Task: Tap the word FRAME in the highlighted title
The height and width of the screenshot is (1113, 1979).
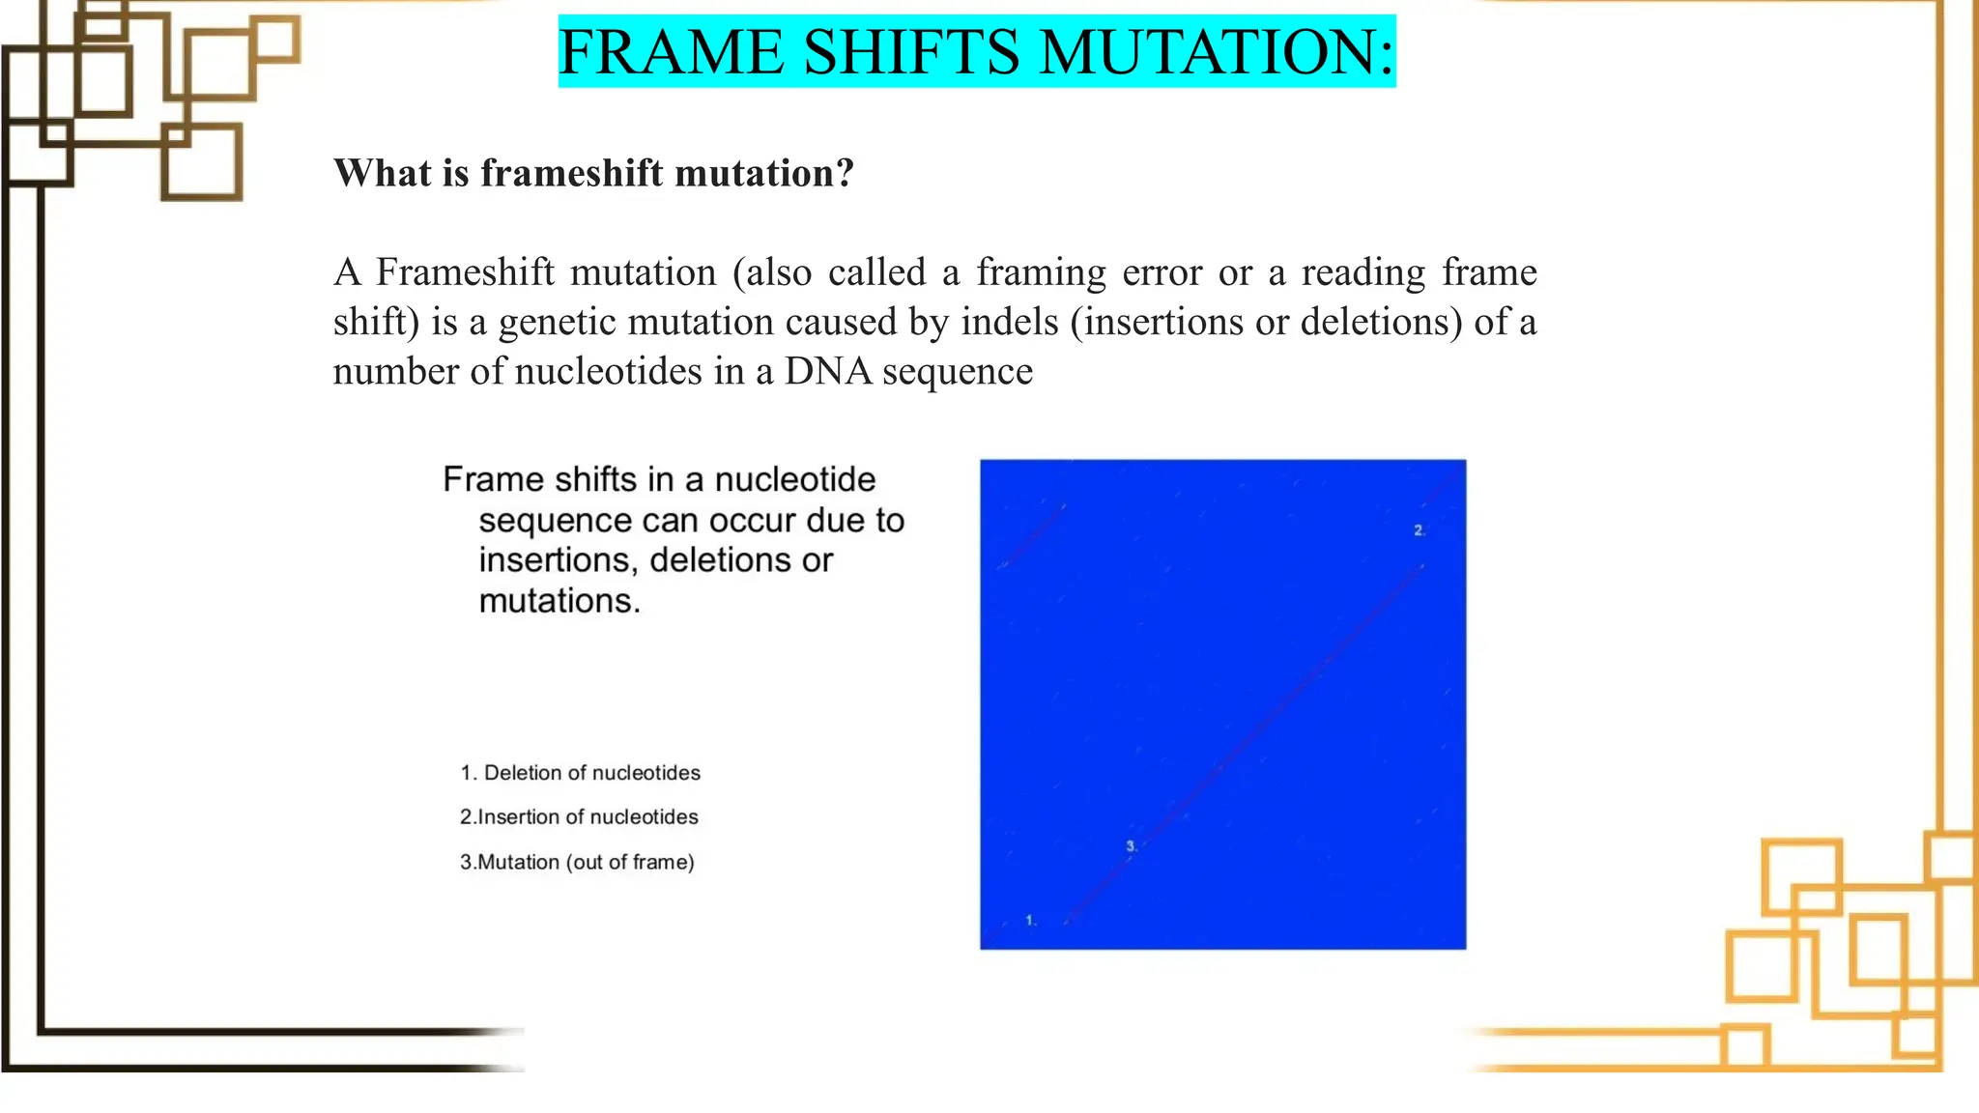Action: tap(671, 52)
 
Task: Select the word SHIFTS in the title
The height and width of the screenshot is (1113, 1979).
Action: tap(911, 52)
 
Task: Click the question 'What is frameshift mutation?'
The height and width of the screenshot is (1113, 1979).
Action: tap(593, 173)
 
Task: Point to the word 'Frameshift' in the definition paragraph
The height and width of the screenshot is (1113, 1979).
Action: tap(465, 272)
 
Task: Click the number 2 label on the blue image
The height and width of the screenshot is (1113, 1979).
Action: tap(1419, 530)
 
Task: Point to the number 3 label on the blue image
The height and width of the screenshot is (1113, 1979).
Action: tap(1131, 846)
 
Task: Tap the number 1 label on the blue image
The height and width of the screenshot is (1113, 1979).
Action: tap(1030, 921)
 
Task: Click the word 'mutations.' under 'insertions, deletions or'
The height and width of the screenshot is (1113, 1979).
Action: tap(559, 601)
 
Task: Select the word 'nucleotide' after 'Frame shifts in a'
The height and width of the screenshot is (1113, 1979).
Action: tap(794, 479)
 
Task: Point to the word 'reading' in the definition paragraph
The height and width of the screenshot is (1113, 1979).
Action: tap(1362, 273)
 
